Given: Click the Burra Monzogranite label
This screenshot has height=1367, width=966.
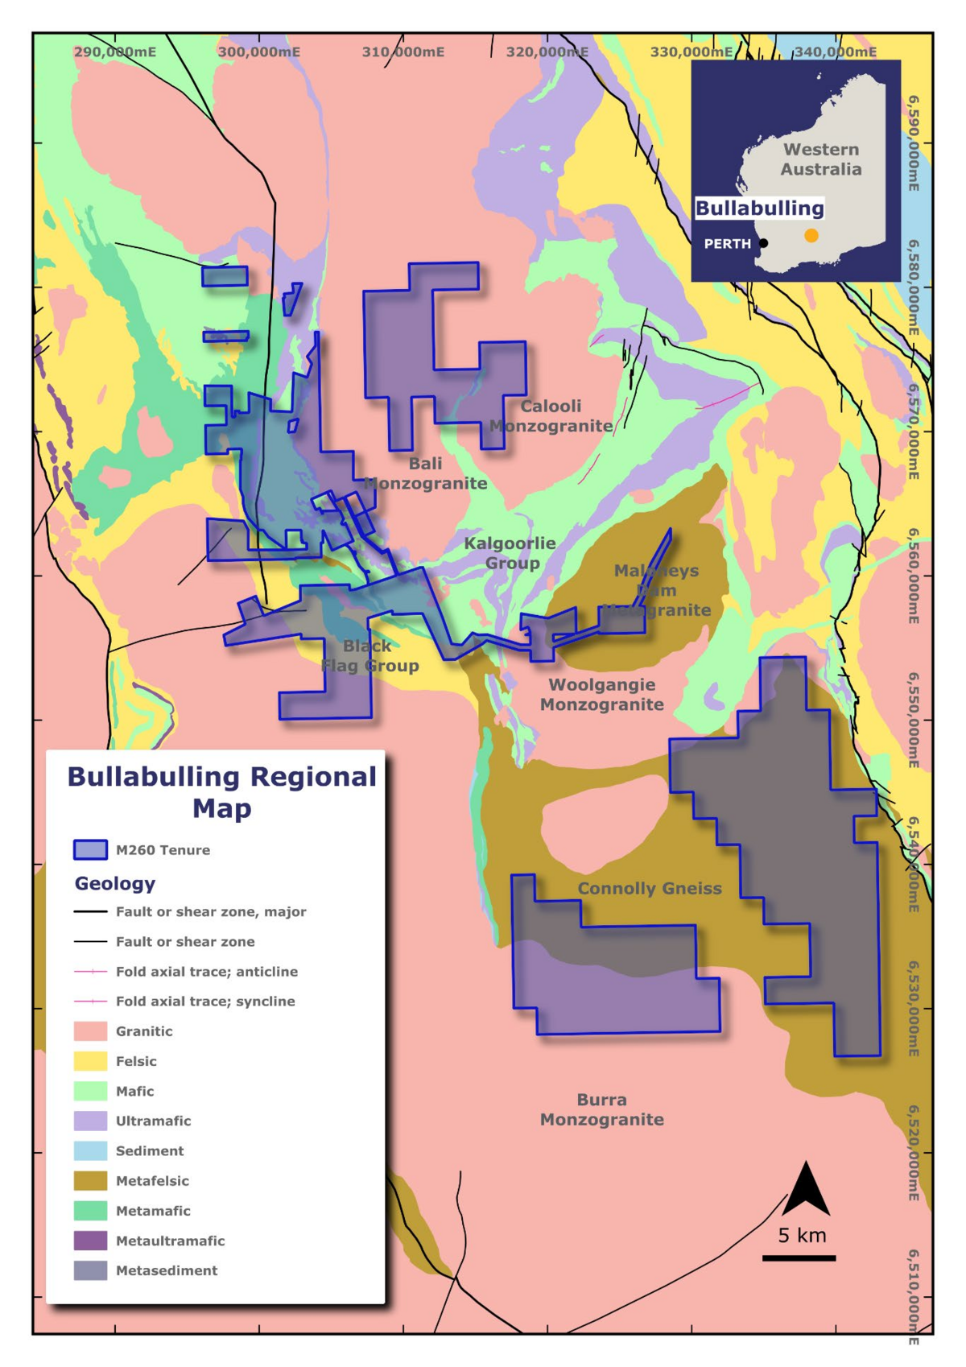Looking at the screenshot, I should click(x=601, y=1109).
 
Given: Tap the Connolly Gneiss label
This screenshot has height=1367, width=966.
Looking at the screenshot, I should click(x=650, y=889).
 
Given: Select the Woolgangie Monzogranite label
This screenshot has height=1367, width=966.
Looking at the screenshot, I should click(x=601, y=695).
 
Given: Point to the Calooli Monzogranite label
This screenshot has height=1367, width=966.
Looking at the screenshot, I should click(x=551, y=416).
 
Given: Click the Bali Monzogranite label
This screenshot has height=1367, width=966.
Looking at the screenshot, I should click(x=425, y=473).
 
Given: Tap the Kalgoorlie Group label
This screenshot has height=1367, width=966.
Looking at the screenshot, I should click(x=510, y=553).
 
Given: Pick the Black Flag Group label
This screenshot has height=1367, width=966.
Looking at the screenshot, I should click(x=369, y=656).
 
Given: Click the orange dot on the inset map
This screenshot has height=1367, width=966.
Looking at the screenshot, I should click(x=811, y=235).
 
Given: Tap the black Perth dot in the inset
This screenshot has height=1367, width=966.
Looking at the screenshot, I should click(x=763, y=243).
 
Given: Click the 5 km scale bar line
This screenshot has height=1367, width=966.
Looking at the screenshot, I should click(x=799, y=1258).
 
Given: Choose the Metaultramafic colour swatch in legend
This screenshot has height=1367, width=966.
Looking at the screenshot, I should click(x=90, y=1241).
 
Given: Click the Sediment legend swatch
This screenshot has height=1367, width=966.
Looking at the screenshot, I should click(x=90, y=1150).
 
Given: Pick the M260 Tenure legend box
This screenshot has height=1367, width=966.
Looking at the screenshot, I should click(x=90, y=850).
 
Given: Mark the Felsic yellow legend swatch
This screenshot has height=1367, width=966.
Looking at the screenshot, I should click(x=90, y=1061).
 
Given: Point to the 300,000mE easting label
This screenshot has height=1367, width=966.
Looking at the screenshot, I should click(x=258, y=52).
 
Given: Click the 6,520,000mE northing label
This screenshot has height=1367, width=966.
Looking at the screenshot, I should click(x=914, y=1153).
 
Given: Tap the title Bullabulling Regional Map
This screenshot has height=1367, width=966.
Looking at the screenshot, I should click(x=221, y=792).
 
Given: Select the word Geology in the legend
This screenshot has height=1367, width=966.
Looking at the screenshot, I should click(x=114, y=884).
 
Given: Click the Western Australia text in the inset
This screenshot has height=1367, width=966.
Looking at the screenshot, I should click(x=820, y=159).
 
